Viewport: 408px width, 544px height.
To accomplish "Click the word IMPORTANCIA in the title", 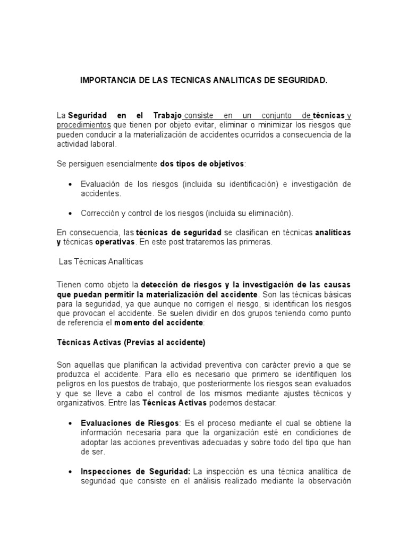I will (x=105, y=81).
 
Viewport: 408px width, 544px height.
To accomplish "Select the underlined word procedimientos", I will (x=84, y=125).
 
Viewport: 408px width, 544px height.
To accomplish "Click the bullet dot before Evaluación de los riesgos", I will (x=71, y=184).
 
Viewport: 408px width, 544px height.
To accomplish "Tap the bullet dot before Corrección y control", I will (x=71, y=213).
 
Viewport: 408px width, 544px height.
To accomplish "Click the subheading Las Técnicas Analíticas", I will (x=100, y=262).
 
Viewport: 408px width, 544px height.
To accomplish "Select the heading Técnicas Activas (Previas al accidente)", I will (x=131, y=343).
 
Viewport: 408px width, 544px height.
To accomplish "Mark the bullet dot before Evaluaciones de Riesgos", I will (x=71, y=423).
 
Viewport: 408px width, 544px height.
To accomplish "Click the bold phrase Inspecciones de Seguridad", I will (x=135, y=471).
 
